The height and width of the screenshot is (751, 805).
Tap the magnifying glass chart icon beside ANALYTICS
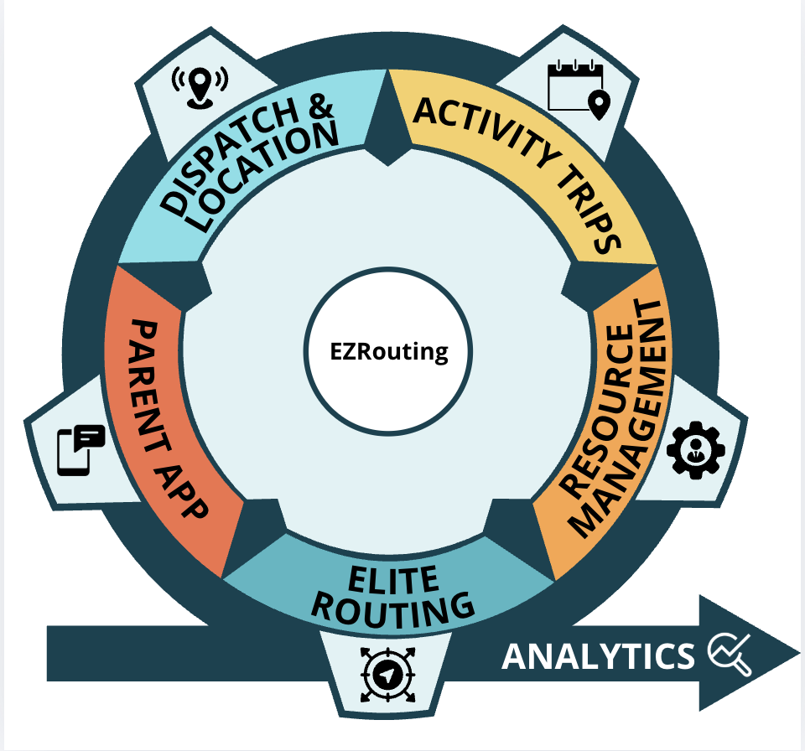click(730, 654)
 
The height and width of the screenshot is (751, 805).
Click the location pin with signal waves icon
click(200, 85)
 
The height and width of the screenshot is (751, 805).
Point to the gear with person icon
click(694, 449)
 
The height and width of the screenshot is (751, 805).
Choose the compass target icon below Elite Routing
click(387, 676)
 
